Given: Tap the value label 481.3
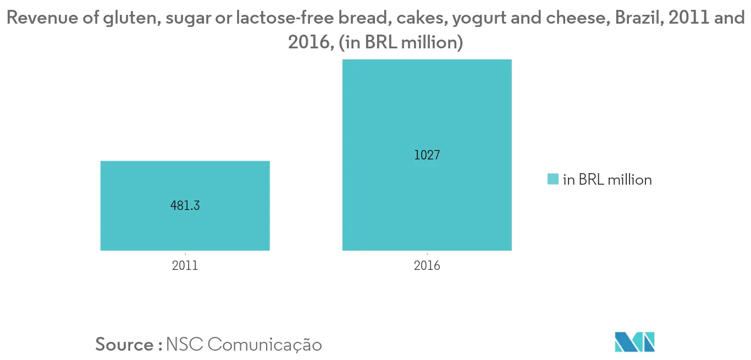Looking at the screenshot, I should pyautogui.click(x=185, y=207).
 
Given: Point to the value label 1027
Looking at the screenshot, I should pyautogui.click(x=427, y=155).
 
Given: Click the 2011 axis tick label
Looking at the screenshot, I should pyautogui.click(x=185, y=266).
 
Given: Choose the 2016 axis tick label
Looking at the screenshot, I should pyautogui.click(x=427, y=266).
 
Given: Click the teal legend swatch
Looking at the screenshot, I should pyautogui.click(x=553, y=179).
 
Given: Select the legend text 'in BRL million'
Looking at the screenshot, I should pyautogui.click(x=607, y=179).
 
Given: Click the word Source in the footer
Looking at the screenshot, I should pyautogui.click(x=125, y=344).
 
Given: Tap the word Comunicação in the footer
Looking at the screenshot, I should pyautogui.click(x=264, y=344).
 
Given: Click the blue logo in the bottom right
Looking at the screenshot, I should pyautogui.click(x=634, y=341).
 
